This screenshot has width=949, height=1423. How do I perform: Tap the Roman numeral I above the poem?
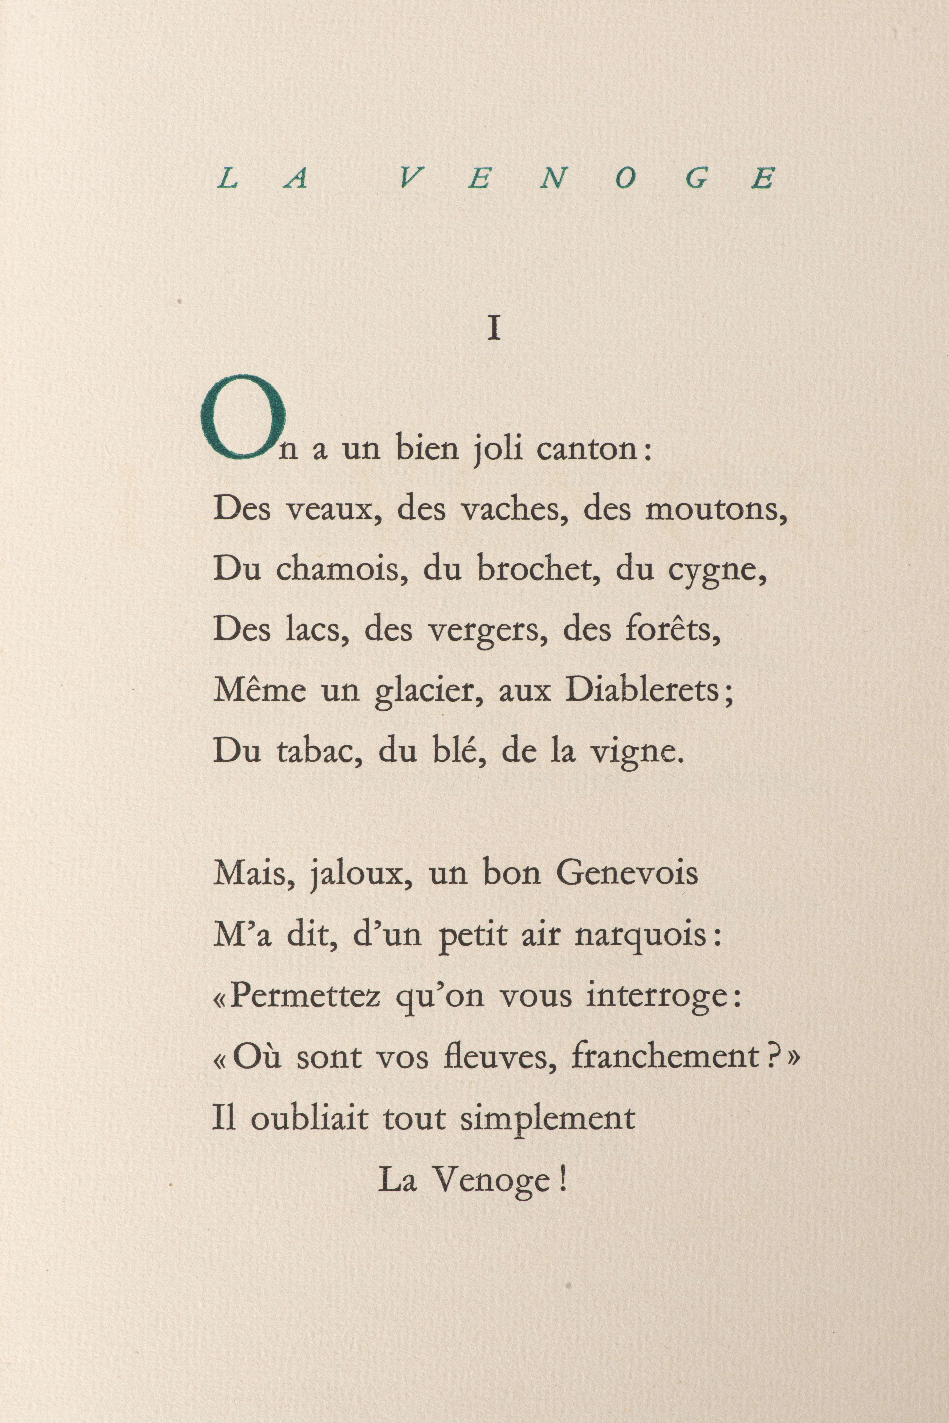click(x=494, y=330)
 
